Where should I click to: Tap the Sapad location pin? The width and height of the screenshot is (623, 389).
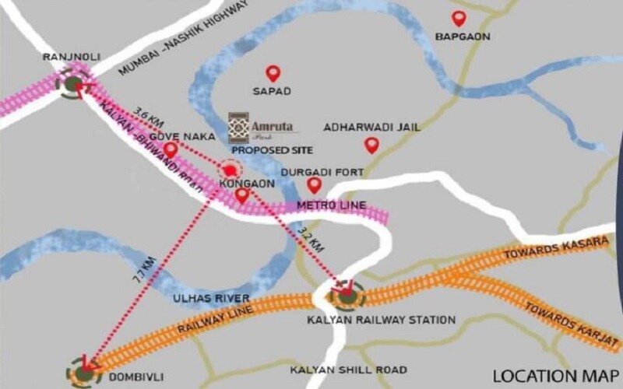point(273,73)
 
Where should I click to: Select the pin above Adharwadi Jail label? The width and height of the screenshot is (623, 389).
point(371,145)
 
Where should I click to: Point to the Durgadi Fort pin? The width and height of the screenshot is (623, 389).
point(314,185)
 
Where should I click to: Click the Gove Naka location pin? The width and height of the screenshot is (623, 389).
point(171,149)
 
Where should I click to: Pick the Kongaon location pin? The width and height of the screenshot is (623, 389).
point(242,196)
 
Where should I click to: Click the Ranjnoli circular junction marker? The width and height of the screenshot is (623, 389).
point(73,84)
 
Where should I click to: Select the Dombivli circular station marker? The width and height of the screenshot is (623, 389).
point(83,372)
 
